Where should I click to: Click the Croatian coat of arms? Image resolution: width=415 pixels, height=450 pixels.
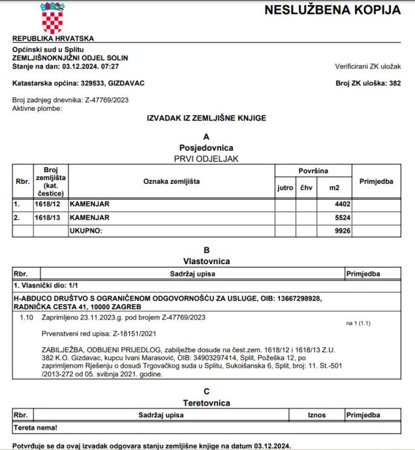[x=54, y=18]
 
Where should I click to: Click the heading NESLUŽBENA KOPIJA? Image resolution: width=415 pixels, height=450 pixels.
[x=333, y=11]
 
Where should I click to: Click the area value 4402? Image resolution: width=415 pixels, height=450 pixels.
[x=333, y=204]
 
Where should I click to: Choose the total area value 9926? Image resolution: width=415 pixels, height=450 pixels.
[x=333, y=230]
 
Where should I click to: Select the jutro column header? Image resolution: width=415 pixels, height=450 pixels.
[x=285, y=188]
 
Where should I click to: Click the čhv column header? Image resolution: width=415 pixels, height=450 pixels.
[x=306, y=188]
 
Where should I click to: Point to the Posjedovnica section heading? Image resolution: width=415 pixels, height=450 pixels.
[x=206, y=147]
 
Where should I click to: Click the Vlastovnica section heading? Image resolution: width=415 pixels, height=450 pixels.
[x=206, y=260]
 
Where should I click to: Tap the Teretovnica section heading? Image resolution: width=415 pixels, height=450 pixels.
[x=206, y=402]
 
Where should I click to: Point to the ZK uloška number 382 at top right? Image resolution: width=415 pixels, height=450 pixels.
[x=394, y=83]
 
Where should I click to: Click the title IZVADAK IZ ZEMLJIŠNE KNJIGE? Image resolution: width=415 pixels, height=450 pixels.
[x=206, y=117]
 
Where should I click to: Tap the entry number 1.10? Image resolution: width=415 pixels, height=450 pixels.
[x=27, y=318]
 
